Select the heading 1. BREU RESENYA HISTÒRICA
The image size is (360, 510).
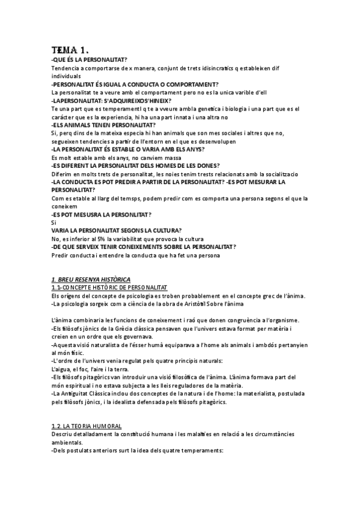pos(91,280)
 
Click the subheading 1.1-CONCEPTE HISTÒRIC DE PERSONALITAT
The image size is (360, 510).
pos(109,287)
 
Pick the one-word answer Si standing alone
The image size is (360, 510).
pos(53,223)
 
